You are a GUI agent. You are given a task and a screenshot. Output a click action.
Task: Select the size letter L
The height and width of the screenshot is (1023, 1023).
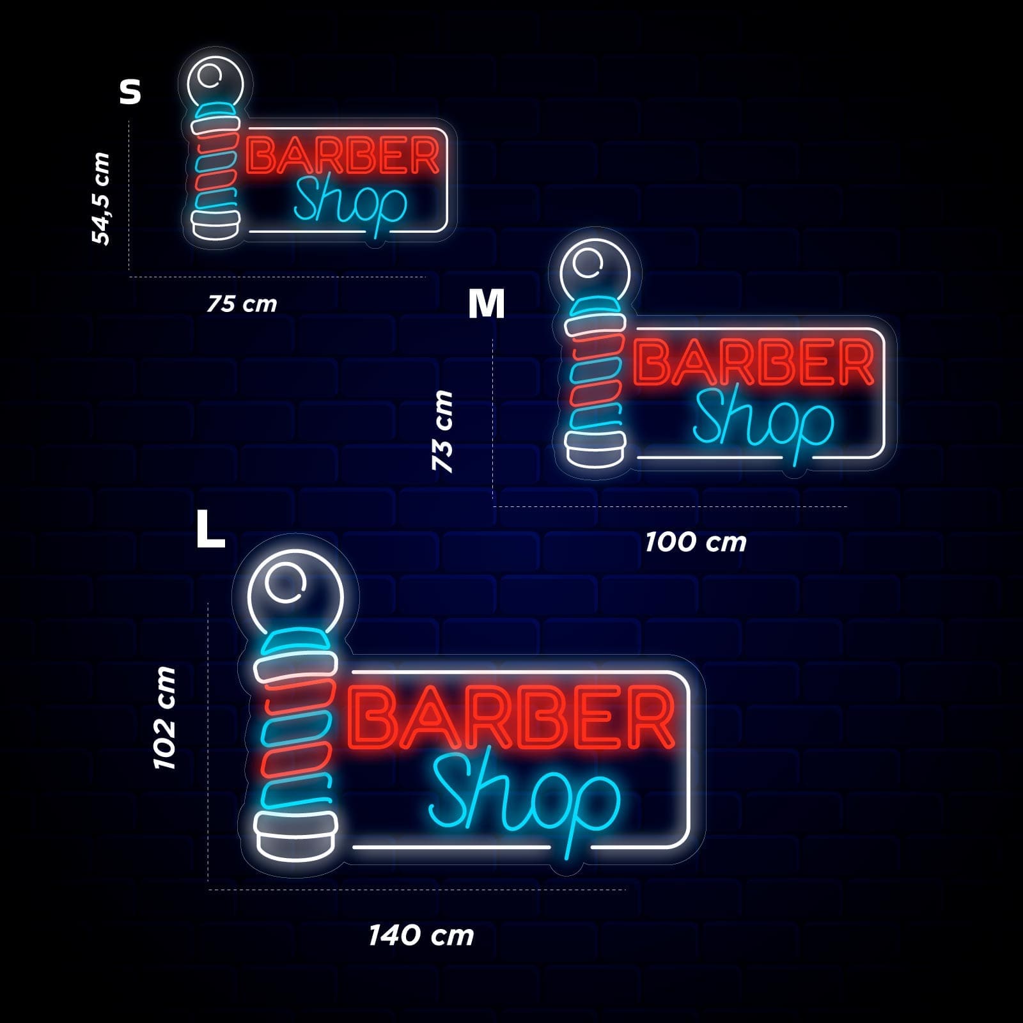pyautogui.click(x=210, y=529)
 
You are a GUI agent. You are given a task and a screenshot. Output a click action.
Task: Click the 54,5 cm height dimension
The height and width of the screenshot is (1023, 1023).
pyautogui.click(x=101, y=198)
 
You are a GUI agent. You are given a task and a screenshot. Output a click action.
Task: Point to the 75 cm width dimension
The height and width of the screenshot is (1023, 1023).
pyautogui.click(x=242, y=304)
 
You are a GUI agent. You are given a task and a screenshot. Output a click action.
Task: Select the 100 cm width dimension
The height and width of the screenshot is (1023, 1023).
pyautogui.click(x=696, y=542)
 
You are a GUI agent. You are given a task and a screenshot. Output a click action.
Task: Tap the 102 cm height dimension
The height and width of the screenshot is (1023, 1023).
pyautogui.click(x=164, y=717)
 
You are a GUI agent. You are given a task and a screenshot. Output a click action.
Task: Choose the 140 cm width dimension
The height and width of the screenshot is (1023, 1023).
pyautogui.click(x=421, y=935)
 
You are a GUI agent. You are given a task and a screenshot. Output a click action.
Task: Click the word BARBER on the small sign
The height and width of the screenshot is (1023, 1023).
pyautogui.click(x=343, y=155)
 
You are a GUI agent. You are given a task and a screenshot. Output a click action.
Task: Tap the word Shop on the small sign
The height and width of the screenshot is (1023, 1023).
pyautogui.click(x=350, y=203)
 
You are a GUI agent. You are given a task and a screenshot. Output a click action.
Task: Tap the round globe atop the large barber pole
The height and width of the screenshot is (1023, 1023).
pyautogui.click(x=295, y=595)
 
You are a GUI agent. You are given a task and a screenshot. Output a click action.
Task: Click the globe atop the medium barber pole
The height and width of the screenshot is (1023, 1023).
pyautogui.click(x=595, y=272)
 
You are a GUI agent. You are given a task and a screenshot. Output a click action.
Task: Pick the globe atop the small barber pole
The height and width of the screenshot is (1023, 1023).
pyautogui.click(x=215, y=83)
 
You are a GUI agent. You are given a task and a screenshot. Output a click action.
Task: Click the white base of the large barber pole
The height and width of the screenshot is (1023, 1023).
pyautogui.click(x=295, y=835)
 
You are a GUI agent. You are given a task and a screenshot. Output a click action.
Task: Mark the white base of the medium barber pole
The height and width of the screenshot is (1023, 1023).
pyautogui.click(x=595, y=449)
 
